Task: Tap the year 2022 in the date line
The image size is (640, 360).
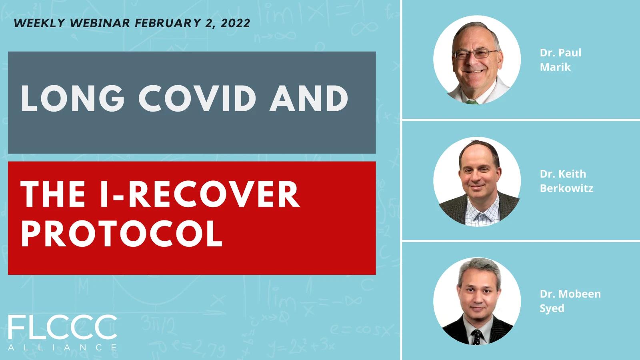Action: [236, 23]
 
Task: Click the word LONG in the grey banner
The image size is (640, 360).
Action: [72, 98]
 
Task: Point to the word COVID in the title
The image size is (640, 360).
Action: [197, 98]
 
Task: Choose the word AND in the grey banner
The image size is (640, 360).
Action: [308, 98]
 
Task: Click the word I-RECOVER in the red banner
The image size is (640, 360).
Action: [200, 194]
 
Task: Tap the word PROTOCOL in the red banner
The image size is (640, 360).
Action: [122, 234]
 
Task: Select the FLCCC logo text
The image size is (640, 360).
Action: [62, 327]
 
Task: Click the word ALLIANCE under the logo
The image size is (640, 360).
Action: [62, 348]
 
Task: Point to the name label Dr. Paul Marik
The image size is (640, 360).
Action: [560, 60]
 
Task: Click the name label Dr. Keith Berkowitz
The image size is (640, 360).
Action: [566, 181]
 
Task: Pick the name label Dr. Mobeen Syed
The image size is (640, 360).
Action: [570, 301]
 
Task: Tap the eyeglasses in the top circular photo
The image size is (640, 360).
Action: [476, 54]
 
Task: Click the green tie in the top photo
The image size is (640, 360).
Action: [472, 102]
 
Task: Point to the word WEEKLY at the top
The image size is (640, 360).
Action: [40, 23]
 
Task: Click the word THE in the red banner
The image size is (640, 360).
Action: [53, 194]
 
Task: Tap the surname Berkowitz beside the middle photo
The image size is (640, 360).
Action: [566, 188]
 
